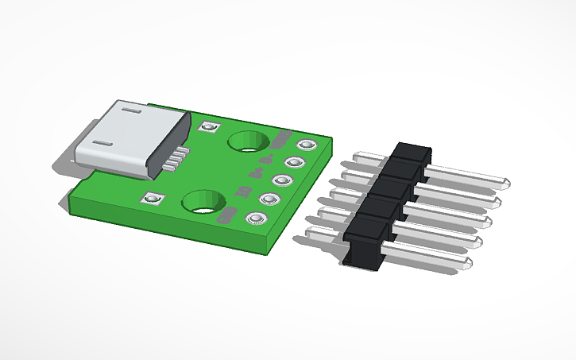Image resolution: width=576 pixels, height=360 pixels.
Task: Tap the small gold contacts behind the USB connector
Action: click(179, 157)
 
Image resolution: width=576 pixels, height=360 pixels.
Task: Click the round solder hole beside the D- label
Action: click(295, 163)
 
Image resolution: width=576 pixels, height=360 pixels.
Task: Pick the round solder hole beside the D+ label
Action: click(282, 181)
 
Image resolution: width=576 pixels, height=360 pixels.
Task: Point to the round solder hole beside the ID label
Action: click(269, 199)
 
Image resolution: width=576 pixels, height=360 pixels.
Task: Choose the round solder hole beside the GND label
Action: click(256, 218)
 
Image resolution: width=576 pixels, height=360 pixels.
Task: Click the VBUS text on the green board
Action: click(279, 142)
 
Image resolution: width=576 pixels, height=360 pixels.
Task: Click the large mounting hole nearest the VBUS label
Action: click(245, 142)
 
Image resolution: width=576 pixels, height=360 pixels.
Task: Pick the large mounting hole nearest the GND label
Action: click(202, 203)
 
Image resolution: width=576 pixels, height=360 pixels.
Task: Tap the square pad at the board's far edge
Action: click(210, 127)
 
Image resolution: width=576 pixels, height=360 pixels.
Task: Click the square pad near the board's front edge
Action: click(152, 199)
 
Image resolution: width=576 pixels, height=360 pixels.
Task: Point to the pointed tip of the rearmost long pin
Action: click(505, 184)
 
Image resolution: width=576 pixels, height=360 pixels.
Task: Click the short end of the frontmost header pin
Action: click(313, 234)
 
